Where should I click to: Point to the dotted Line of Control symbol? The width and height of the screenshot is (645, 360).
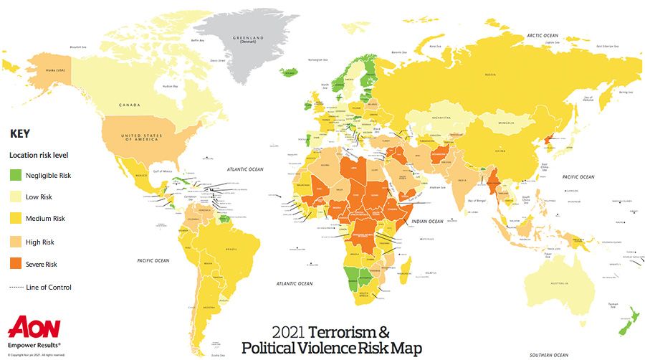tap(16, 288)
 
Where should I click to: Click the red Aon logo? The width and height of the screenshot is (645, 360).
tap(34, 327)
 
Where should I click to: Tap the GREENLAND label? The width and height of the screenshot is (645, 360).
tap(248, 36)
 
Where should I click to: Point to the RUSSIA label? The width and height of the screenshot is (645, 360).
tap(490, 74)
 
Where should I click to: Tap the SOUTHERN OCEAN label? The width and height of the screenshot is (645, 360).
tap(549, 355)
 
